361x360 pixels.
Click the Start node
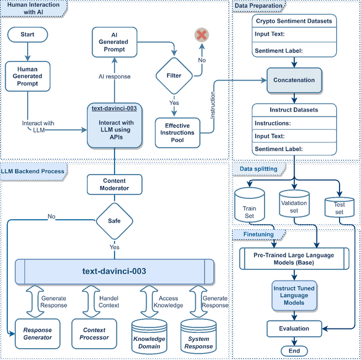[27, 34]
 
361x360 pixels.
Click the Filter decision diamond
[174, 75]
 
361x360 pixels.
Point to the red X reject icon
[201, 35]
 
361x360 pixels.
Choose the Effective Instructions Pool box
[178, 132]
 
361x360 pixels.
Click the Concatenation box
[294, 80]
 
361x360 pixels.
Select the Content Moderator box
[115, 184]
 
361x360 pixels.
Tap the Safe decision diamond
[115, 221]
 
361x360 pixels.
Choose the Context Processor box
[94, 334]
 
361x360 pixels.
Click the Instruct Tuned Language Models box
[294, 296]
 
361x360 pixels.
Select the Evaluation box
[294, 328]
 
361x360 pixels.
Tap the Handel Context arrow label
[109, 301]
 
